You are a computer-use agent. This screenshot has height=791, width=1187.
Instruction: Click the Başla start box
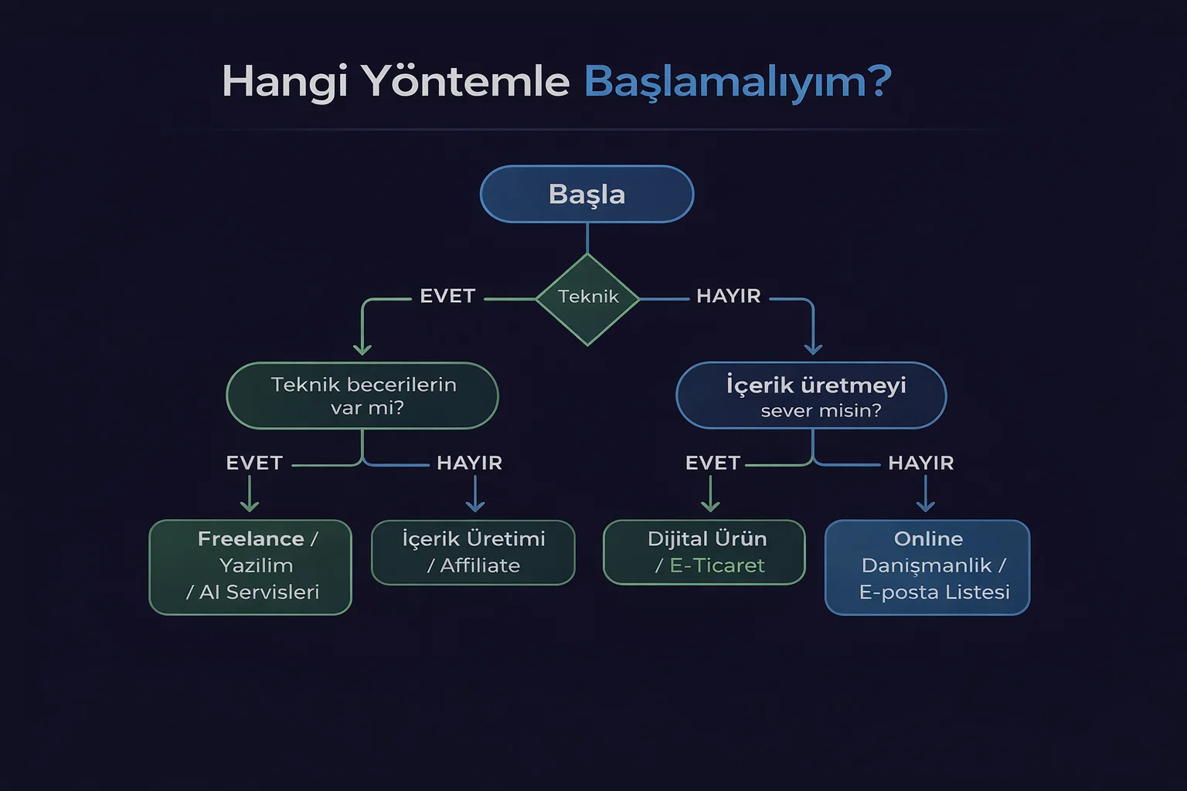(x=587, y=194)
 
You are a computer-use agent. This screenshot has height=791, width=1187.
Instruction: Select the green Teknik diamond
(x=587, y=298)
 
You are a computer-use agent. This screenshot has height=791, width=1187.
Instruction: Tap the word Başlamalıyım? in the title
(x=737, y=82)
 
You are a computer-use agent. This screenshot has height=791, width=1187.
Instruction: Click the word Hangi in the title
(x=284, y=82)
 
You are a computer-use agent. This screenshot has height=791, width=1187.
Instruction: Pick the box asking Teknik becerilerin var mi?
(x=362, y=395)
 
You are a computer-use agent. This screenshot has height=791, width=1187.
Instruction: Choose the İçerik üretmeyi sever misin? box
(x=811, y=395)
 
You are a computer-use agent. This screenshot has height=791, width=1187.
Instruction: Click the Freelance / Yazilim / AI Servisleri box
(x=250, y=567)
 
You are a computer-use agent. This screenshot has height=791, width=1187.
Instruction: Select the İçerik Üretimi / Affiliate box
(x=473, y=552)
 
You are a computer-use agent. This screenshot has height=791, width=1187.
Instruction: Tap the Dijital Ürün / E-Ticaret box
(x=704, y=552)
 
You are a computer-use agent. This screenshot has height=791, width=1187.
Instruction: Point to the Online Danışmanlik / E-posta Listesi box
(x=927, y=567)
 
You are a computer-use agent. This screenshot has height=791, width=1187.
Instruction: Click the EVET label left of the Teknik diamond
(x=447, y=297)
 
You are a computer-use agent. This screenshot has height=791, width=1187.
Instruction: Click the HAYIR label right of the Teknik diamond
(x=728, y=297)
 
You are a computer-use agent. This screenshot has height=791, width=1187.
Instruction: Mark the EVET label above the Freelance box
(x=254, y=463)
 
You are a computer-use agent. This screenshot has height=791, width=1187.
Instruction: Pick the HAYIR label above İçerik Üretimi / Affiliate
(x=469, y=463)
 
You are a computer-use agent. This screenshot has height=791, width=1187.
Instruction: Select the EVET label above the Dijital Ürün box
(x=713, y=463)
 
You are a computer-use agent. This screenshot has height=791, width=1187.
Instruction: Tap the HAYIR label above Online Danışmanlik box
(x=920, y=463)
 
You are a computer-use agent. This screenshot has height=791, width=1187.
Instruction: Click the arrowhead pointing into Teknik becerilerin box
(x=362, y=349)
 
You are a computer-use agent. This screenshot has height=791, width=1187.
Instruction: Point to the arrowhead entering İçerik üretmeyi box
(x=813, y=349)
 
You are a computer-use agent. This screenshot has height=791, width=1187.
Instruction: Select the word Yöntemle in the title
(x=465, y=82)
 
